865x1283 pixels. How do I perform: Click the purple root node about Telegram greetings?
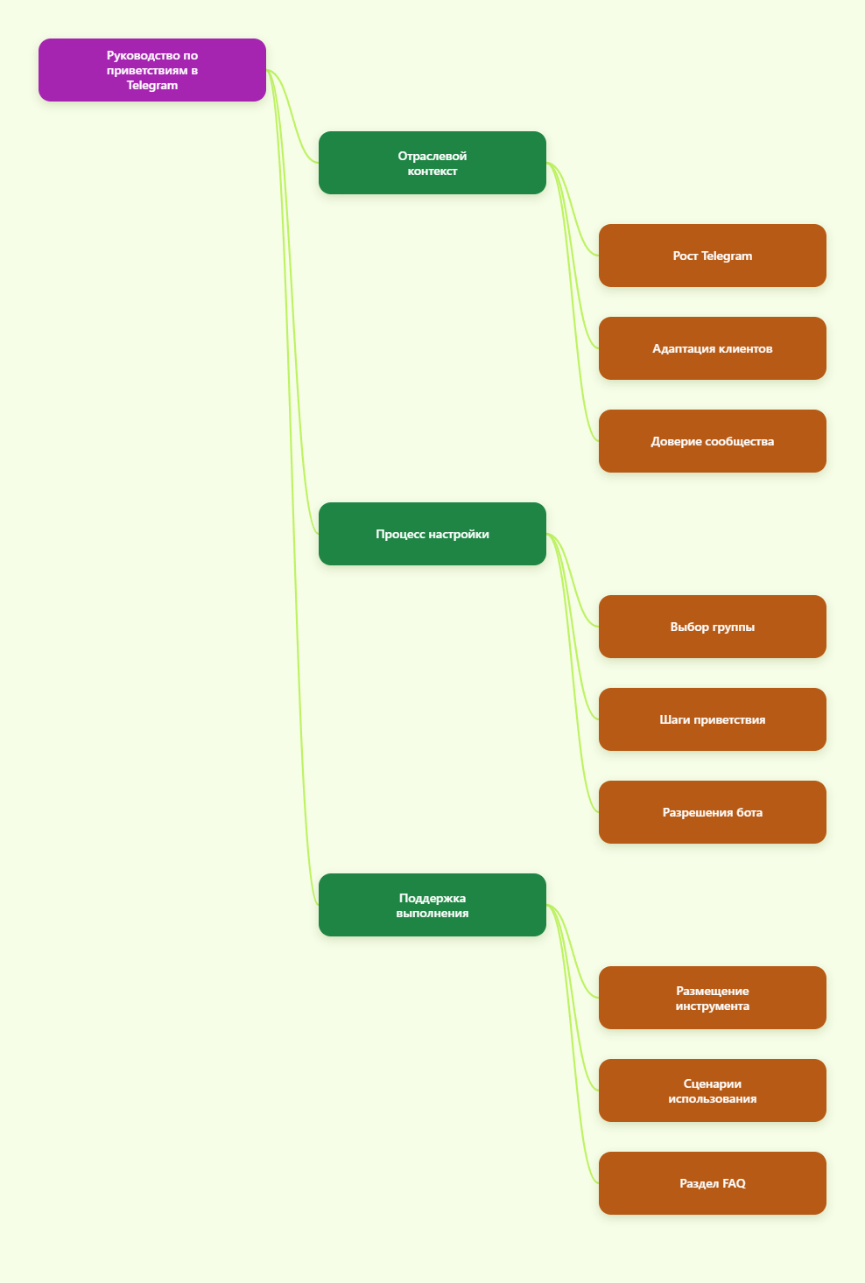pyautogui.click(x=152, y=70)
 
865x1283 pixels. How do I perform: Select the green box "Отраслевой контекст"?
pyautogui.click(x=432, y=163)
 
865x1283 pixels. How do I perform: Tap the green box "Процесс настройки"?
pyautogui.click(x=432, y=534)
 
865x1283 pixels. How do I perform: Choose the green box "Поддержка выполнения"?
pyautogui.click(x=432, y=905)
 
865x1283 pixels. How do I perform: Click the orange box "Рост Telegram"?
pyautogui.click(x=713, y=256)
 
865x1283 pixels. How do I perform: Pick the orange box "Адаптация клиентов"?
pyautogui.click(x=713, y=348)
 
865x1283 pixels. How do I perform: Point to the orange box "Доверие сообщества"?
pyautogui.click(x=713, y=441)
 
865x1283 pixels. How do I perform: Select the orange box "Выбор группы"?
pyautogui.click(x=713, y=627)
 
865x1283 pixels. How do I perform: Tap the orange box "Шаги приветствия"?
pyautogui.click(x=713, y=719)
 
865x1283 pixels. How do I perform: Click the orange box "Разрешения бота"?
pyautogui.click(x=713, y=812)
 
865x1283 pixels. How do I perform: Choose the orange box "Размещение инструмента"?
pyautogui.click(x=713, y=998)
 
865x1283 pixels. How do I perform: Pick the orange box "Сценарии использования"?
pyautogui.click(x=713, y=1090)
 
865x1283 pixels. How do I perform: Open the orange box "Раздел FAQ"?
pyautogui.click(x=713, y=1183)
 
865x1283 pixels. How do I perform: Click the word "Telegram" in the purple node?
pyautogui.click(x=152, y=86)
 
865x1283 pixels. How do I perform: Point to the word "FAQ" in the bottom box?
pyautogui.click(x=734, y=1183)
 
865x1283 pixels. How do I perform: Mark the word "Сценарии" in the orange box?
pyautogui.click(x=713, y=1083)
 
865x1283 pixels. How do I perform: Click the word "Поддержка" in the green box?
pyautogui.click(x=432, y=898)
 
